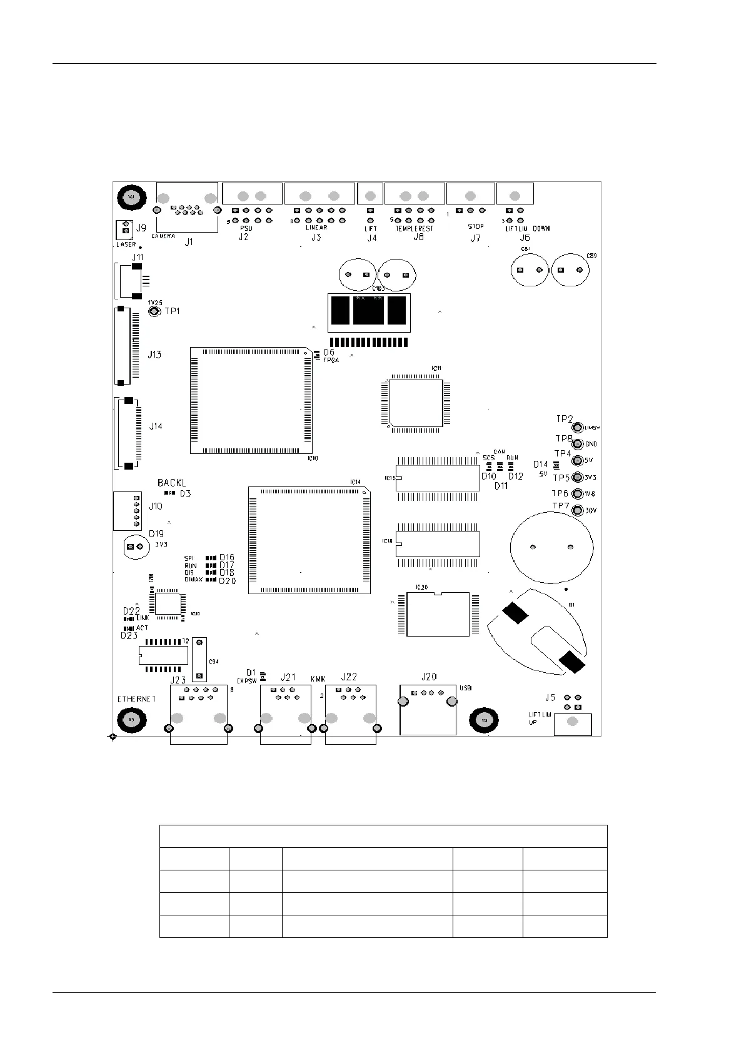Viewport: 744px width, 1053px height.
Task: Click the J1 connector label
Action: tap(189, 242)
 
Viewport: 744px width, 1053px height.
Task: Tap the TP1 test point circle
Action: tap(153, 311)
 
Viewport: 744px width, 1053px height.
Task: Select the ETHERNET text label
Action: tap(136, 699)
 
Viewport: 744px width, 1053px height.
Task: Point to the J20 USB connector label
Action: tap(429, 677)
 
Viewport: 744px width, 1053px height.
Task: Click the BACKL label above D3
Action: tap(171, 483)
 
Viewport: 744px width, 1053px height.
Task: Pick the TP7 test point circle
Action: tap(578, 510)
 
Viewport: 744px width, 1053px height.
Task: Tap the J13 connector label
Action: tap(154, 355)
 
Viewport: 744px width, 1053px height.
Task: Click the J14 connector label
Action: tap(156, 426)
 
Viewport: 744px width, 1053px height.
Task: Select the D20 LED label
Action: tap(228, 581)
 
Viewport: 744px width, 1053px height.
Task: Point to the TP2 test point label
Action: tap(564, 419)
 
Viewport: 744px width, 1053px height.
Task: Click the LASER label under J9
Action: tap(126, 244)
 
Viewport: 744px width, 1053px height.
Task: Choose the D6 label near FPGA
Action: tap(329, 353)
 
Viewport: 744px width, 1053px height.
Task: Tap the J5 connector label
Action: tap(550, 697)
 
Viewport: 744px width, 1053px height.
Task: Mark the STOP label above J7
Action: tap(476, 226)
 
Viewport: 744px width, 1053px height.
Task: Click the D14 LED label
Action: tap(540, 465)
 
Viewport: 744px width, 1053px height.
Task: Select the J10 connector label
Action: tap(155, 506)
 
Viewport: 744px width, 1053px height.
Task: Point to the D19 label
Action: tap(156, 534)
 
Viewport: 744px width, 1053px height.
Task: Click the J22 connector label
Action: tap(349, 677)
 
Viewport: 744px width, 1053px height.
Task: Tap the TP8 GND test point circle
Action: tap(578, 444)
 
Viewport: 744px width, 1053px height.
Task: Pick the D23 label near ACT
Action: tap(129, 635)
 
